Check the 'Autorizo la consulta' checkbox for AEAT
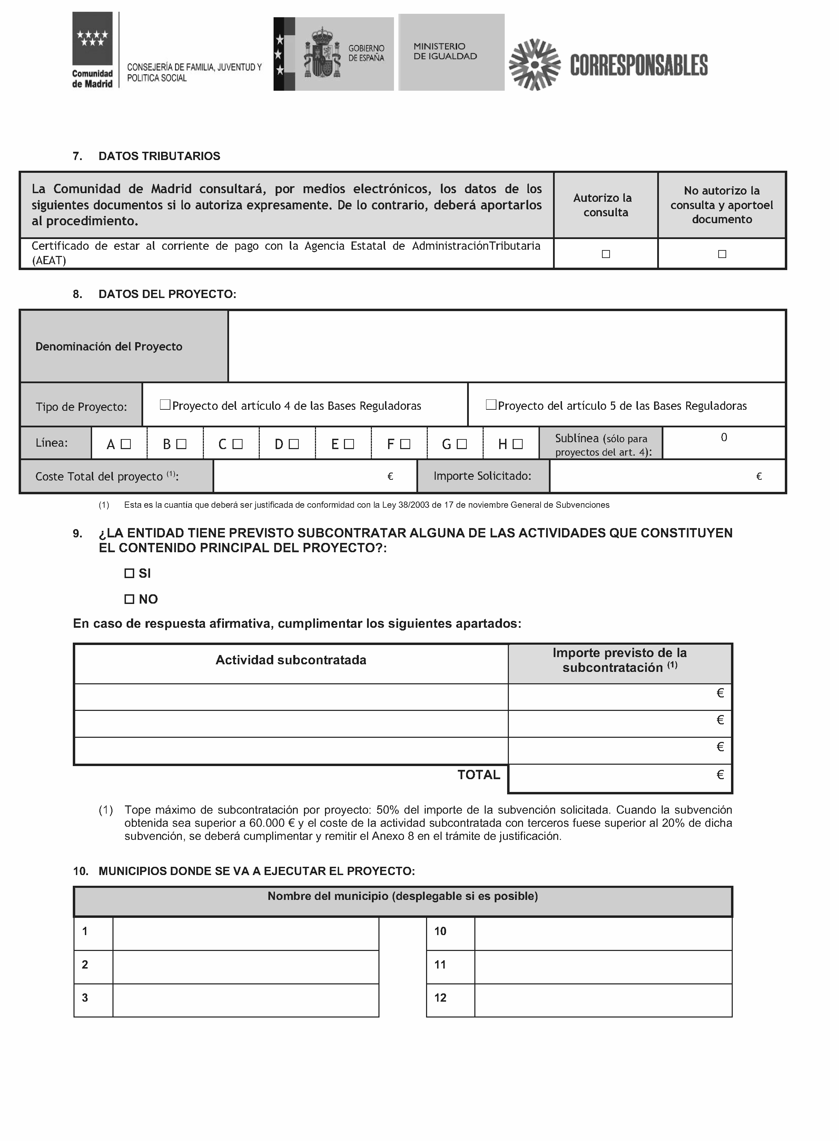tap(606, 254)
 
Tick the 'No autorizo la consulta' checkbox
tap(722, 254)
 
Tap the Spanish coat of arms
tap(322, 54)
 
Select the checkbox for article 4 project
tap(165, 405)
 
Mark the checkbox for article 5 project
tap(491, 405)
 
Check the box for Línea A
tap(126, 444)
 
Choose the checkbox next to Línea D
tap(294, 444)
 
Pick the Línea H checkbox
tap(517, 444)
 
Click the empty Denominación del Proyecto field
tap(506, 346)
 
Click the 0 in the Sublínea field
tap(724, 437)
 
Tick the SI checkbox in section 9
tap(129, 573)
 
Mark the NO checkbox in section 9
tap(129, 599)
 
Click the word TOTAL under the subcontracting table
tap(478, 775)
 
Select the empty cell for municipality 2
tap(246, 965)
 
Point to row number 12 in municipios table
tap(440, 998)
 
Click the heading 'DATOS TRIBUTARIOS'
tap(159, 156)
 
